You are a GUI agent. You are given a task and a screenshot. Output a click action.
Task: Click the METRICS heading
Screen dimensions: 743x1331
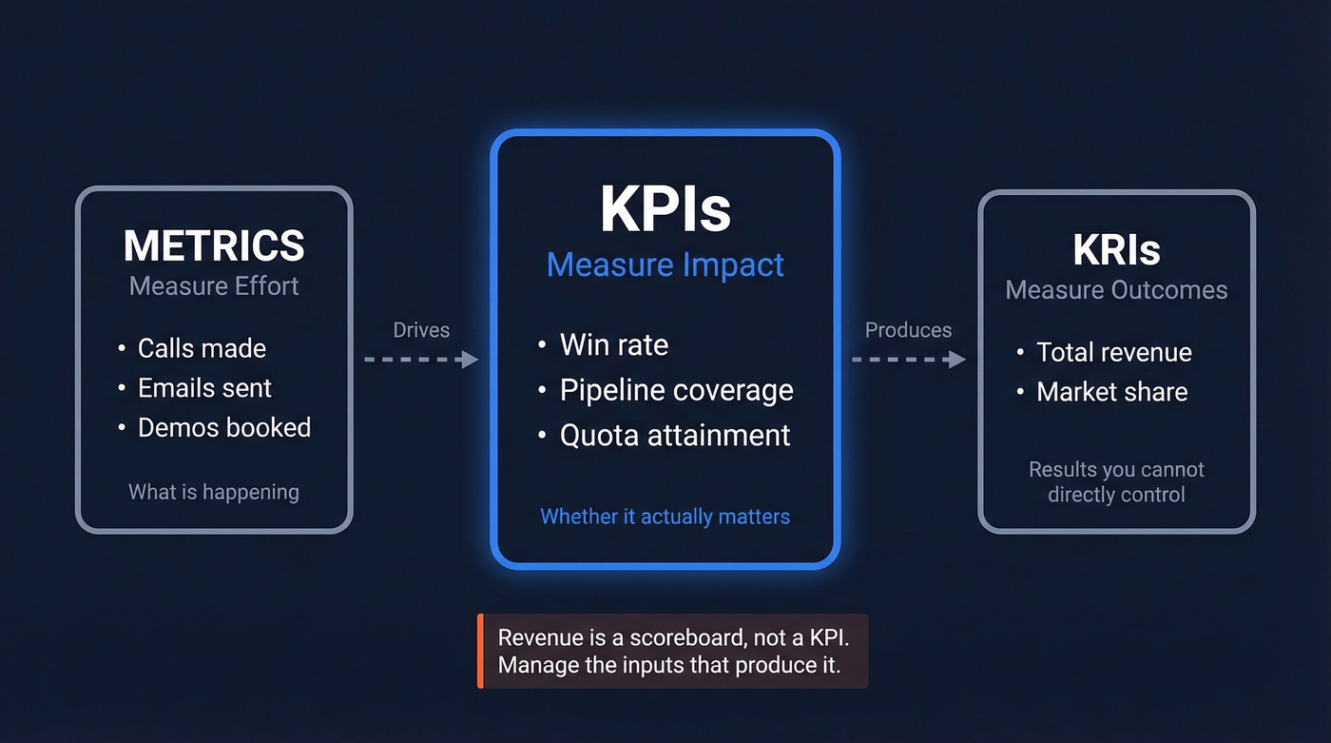pyautogui.click(x=214, y=245)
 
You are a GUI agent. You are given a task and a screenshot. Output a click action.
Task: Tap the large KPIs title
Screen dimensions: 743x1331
pyautogui.click(x=665, y=211)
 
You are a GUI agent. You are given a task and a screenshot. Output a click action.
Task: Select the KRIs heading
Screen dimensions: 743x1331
pyautogui.click(x=1116, y=250)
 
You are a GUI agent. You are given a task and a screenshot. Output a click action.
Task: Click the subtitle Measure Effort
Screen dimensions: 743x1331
pyautogui.click(x=214, y=286)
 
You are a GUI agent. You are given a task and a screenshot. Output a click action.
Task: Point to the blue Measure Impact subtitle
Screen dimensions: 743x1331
pyautogui.click(x=665, y=264)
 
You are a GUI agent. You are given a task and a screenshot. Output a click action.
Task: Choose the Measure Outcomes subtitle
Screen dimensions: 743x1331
pyautogui.click(x=1116, y=290)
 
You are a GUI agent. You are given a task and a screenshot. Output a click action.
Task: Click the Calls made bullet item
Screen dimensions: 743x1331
pyautogui.click(x=202, y=348)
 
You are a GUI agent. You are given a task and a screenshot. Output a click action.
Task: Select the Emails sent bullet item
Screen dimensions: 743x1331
pyautogui.click(x=204, y=388)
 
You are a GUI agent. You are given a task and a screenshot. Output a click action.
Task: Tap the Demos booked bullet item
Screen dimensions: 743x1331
pyautogui.click(x=224, y=428)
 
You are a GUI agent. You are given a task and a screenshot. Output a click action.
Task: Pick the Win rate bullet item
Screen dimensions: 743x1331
pyautogui.click(x=614, y=344)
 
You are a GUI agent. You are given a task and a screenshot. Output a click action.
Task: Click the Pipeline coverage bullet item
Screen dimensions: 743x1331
pyautogui.click(x=676, y=390)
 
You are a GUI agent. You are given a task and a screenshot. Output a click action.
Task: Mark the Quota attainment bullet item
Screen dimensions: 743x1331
pyautogui.click(x=675, y=436)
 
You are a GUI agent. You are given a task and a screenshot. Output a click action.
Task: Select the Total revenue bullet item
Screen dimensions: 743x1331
pyautogui.click(x=1114, y=353)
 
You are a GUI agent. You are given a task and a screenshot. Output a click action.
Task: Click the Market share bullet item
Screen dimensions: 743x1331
pyautogui.click(x=1112, y=392)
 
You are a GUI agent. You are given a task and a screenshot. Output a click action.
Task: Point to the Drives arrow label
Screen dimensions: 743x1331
pyautogui.click(x=421, y=330)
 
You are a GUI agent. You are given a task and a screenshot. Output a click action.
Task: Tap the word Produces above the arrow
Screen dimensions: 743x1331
pyautogui.click(x=908, y=330)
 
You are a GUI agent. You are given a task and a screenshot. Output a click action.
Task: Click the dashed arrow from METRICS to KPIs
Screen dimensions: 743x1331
pyautogui.click(x=421, y=360)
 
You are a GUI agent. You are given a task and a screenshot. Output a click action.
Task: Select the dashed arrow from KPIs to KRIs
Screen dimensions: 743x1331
pyautogui.click(x=908, y=360)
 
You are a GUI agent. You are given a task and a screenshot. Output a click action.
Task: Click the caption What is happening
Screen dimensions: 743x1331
pyautogui.click(x=214, y=492)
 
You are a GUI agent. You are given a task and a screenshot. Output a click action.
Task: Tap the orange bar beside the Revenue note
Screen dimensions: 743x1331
pyautogui.click(x=481, y=651)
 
